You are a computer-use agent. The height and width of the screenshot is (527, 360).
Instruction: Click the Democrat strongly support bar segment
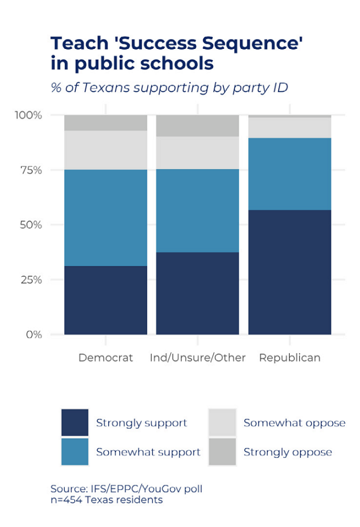pos(106,300)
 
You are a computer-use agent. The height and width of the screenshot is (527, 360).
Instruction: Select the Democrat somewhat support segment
pos(106,218)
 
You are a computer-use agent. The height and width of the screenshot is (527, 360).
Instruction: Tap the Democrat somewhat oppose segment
pos(106,150)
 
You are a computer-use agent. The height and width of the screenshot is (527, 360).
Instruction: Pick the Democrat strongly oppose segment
pos(106,123)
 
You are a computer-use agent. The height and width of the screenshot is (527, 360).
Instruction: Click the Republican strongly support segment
pos(290,272)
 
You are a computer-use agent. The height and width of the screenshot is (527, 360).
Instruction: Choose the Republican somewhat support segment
pos(290,174)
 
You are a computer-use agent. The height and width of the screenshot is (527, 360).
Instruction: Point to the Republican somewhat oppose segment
pos(290,128)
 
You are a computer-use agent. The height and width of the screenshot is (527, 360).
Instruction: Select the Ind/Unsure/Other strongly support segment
pos(197,293)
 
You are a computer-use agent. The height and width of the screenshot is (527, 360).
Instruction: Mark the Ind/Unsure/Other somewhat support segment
pos(197,210)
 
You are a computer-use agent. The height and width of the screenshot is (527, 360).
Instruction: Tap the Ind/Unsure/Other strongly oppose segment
pos(197,125)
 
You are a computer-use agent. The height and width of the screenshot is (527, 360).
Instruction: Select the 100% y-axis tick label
pos(28,115)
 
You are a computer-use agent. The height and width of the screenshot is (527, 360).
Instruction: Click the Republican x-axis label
pos(290,358)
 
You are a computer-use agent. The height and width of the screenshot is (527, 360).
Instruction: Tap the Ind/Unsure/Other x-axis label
pos(197,358)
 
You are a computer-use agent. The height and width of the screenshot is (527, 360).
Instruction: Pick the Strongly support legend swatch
pos(75,422)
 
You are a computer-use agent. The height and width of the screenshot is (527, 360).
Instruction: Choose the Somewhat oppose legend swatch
pos(222,422)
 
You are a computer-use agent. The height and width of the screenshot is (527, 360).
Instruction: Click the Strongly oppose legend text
pos(287,452)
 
